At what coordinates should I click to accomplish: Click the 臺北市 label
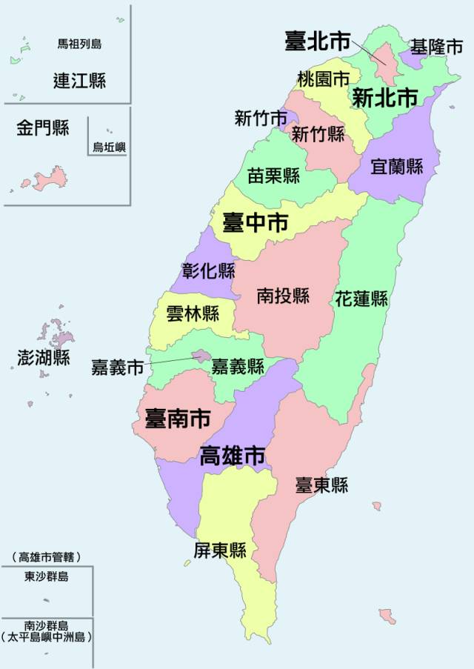(318, 41)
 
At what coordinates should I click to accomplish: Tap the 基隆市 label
(437, 47)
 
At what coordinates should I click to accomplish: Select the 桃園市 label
(324, 78)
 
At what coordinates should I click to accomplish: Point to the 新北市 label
(384, 97)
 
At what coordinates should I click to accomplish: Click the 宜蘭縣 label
(396, 166)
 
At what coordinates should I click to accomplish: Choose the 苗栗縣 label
(273, 176)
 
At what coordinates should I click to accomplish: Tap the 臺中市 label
(256, 222)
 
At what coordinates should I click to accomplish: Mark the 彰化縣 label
(208, 270)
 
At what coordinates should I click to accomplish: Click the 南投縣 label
(283, 296)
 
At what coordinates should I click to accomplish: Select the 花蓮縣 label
(361, 299)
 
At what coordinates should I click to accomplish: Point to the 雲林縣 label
(193, 313)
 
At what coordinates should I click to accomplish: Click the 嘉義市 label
(117, 367)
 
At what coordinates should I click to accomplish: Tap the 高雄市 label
(233, 455)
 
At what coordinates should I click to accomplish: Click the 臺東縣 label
(321, 485)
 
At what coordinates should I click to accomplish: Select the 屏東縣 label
(219, 550)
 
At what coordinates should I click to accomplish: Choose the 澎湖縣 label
(44, 358)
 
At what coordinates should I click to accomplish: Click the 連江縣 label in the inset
(79, 80)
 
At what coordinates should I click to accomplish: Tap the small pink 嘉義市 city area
(201, 356)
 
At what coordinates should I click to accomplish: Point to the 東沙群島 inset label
(46, 576)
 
